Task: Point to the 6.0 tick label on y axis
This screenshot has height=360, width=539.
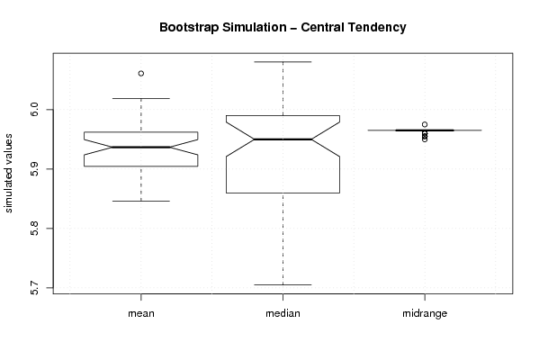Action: (34, 110)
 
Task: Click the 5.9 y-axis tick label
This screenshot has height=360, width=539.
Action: (34, 169)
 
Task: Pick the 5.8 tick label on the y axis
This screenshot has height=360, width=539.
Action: (34, 229)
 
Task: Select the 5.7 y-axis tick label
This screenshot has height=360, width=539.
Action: (34, 287)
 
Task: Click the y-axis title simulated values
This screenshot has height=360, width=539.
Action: (7, 174)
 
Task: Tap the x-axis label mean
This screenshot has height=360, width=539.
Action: (141, 313)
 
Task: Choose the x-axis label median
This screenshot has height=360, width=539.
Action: (283, 313)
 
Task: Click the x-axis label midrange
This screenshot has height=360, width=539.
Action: (425, 313)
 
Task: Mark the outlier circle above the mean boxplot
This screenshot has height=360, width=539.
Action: (141, 73)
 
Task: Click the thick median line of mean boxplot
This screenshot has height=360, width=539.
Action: (141, 148)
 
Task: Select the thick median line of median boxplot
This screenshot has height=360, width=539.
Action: (283, 139)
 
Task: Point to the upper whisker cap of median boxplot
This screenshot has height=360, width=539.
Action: (283, 62)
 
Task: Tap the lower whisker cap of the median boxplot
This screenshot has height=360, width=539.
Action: (283, 284)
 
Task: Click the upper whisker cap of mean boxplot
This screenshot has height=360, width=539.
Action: (141, 99)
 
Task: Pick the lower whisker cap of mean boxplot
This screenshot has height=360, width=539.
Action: (141, 201)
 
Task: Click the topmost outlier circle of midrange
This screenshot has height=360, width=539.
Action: (425, 124)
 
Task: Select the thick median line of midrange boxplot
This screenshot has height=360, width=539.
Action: (425, 130)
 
